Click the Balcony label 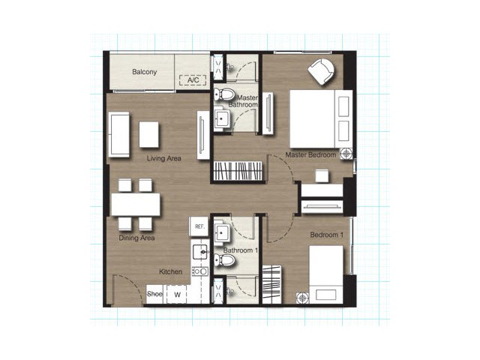(x=145, y=72)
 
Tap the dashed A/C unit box (x=193, y=80)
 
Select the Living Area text (x=164, y=158)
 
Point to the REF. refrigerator (x=199, y=226)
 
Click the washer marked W (x=177, y=295)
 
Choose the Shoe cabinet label (x=154, y=294)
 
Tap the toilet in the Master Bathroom (x=223, y=94)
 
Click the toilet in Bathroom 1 (x=224, y=260)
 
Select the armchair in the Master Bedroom (x=322, y=72)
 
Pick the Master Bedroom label (x=310, y=155)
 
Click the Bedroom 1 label (x=327, y=235)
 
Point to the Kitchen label (x=171, y=271)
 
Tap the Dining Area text (x=136, y=238)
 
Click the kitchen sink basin (x=201, y=252)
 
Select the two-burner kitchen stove (x=200, y=271)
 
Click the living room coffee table (x=149, y=135)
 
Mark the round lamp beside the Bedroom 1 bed (x=302, y=298)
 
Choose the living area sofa (x=118, y=135)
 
